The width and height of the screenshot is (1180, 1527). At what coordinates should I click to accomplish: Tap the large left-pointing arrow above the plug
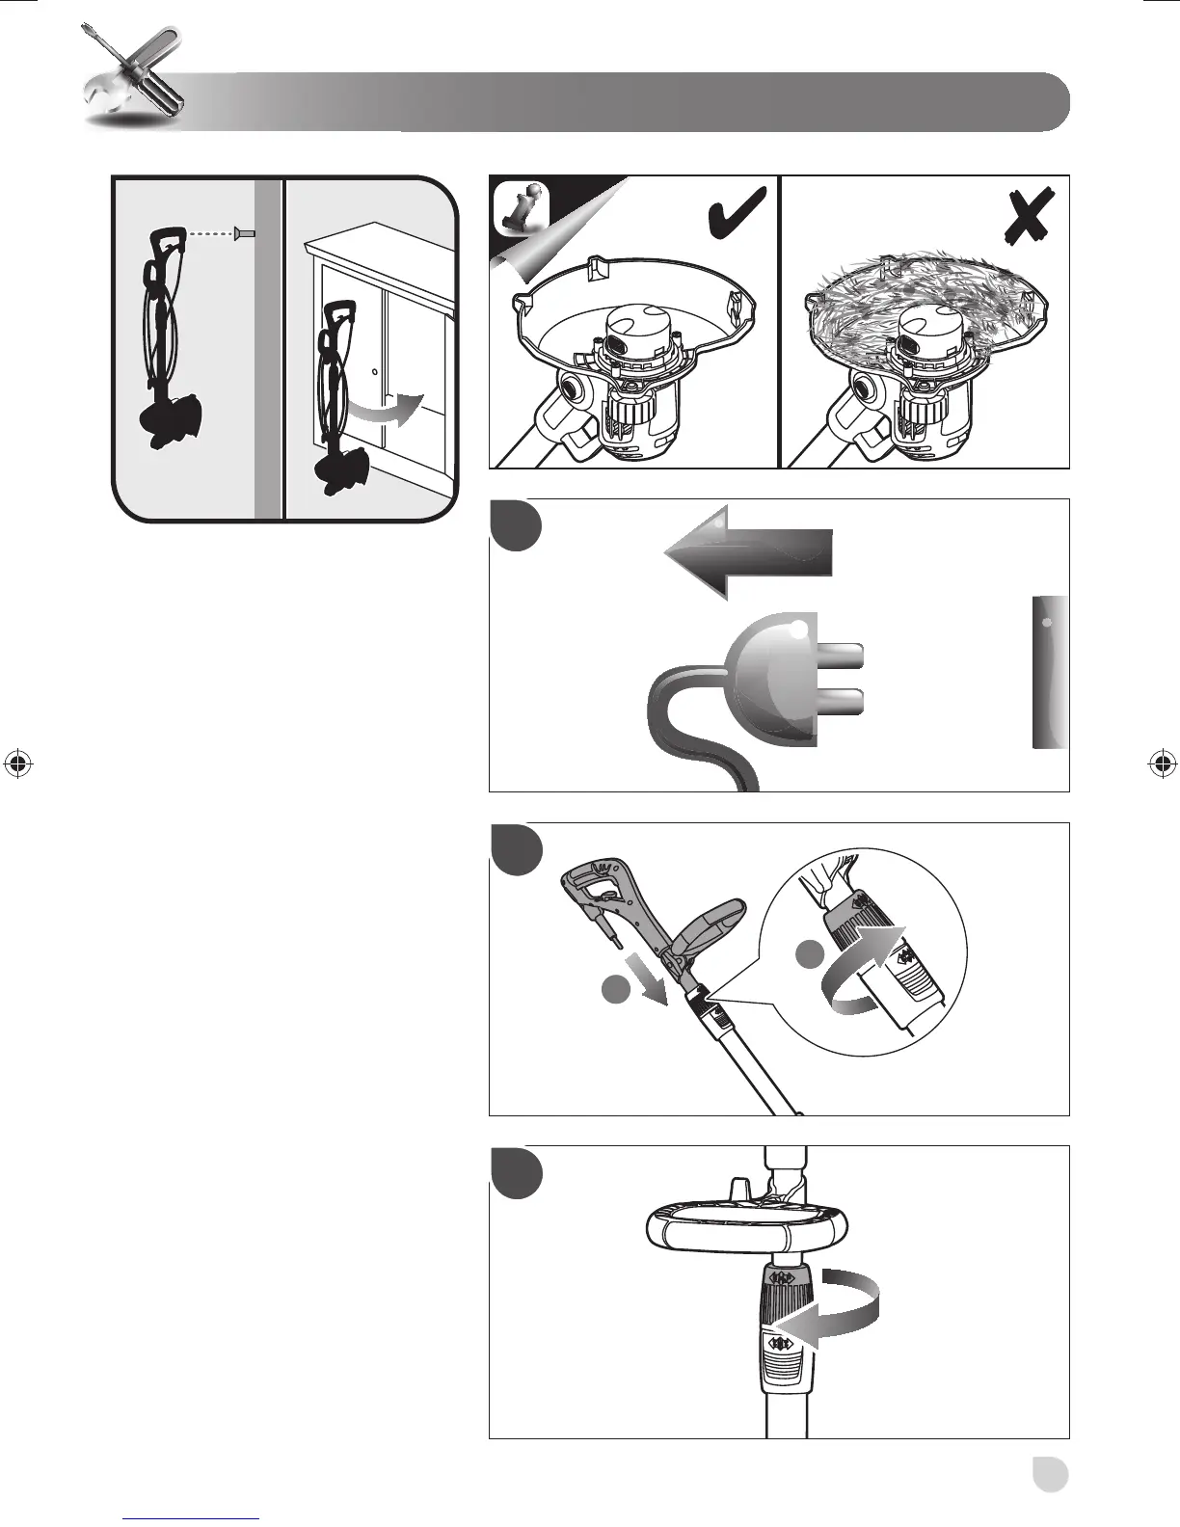point(747,552)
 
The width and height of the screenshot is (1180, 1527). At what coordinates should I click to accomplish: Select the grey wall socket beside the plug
point(1050,672)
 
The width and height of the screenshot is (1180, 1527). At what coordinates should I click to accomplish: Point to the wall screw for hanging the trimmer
point(244,232)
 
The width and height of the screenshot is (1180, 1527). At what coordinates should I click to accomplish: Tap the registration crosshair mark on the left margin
point(17,763)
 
